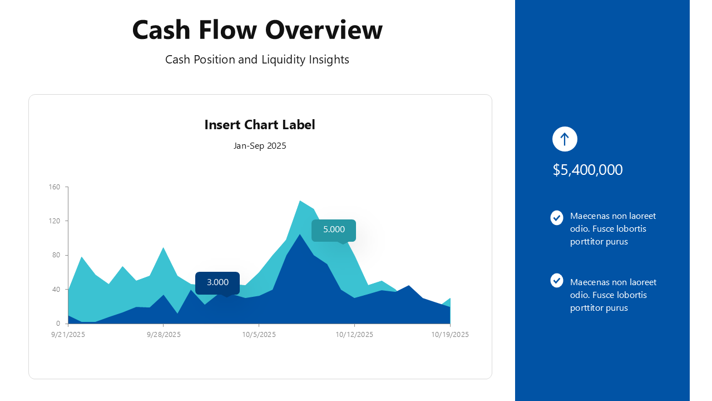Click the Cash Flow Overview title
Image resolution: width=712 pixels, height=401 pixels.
coord(257,30)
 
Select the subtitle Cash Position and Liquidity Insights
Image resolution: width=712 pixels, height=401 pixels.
coord(257,60)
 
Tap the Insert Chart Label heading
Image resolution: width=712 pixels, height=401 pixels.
coord(260,125)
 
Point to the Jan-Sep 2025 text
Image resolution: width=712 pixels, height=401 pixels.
coord(260,146)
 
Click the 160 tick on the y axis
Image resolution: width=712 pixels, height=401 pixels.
coord(55,187)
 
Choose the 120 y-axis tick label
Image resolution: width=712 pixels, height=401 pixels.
coord(55,221)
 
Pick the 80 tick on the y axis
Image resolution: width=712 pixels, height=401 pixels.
coord(56,255)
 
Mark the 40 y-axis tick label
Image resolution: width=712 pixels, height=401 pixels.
coord(56,289)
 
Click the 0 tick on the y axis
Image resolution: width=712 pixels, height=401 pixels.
coord(58,324)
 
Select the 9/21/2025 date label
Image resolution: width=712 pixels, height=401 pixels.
coord(68,335)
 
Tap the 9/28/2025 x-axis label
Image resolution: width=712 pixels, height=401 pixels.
coord(164,335)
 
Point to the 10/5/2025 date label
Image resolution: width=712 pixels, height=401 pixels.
coord(259,335)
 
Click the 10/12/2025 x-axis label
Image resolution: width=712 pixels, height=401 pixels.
coord(354,335)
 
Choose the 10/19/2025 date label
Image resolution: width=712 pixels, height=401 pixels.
coord(450,335)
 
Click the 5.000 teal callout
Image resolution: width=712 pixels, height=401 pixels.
coord(334,230)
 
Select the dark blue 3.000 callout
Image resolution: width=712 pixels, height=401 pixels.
coord(217,283)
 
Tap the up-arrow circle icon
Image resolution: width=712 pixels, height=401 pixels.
coord(565,139)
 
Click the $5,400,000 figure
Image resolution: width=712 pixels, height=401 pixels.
coord(587,170)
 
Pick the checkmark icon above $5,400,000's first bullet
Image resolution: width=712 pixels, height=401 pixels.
coord(557,218)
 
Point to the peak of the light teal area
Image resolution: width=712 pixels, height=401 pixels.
coord(300,200)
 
